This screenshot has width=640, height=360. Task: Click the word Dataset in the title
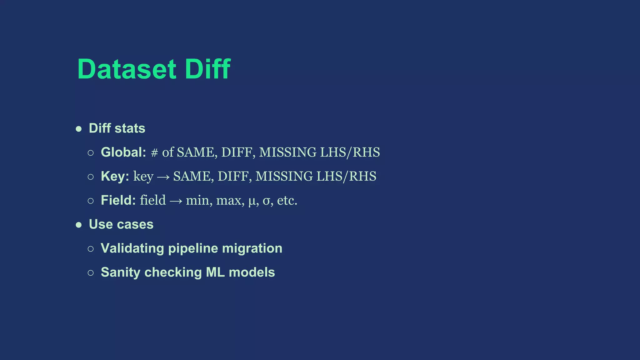click(x=127, y=69)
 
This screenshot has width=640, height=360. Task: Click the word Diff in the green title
click(x=207, y=69)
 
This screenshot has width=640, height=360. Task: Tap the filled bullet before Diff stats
click(x=79, y=129)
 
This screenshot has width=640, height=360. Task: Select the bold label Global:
click(x=123, y=152)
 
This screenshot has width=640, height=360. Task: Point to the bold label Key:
click(x=115, y=176)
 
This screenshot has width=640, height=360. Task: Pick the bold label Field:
click(x=118, y=200)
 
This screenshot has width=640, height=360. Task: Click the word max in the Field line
click(x=229, y=201)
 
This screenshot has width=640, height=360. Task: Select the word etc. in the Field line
click(x=287, y=201)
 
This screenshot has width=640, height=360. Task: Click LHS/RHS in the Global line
click(x=350, y=152)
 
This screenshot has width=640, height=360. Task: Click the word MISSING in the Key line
click(x=284, y=177)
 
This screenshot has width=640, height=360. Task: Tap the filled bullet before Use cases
click(x=79, y=225)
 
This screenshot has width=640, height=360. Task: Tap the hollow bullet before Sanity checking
click(x=91, y=273)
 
